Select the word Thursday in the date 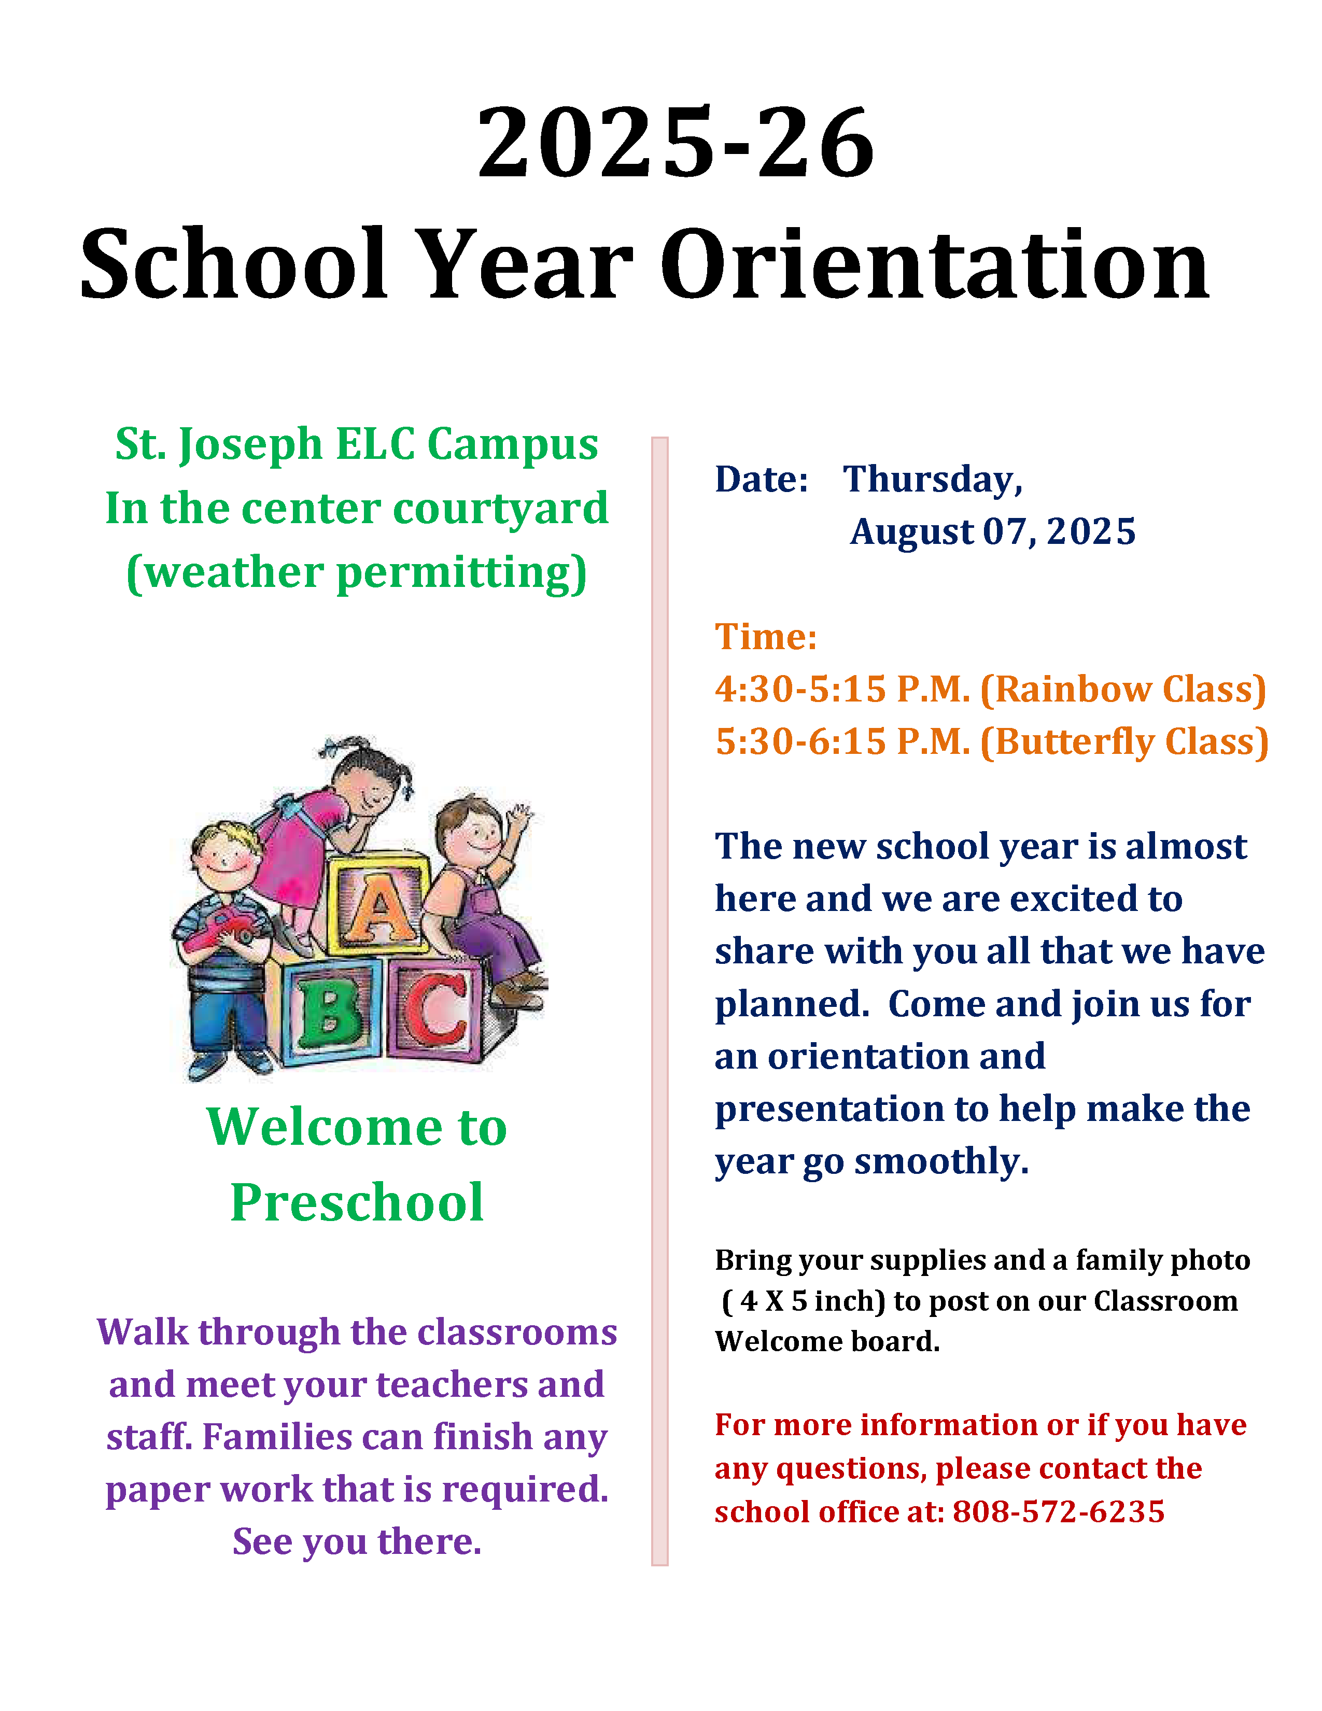tap(933, 480)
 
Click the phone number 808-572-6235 tap(1059, 1511)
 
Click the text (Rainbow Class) tap(1123, 690)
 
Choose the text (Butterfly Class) tap(1124, 742)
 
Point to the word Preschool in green tap(357, 1202)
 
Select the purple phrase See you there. tap(357, 1542)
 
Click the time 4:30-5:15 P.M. tap(842, 690)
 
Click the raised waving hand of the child tap(518, 819)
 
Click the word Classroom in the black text tap(1165, 1301)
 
